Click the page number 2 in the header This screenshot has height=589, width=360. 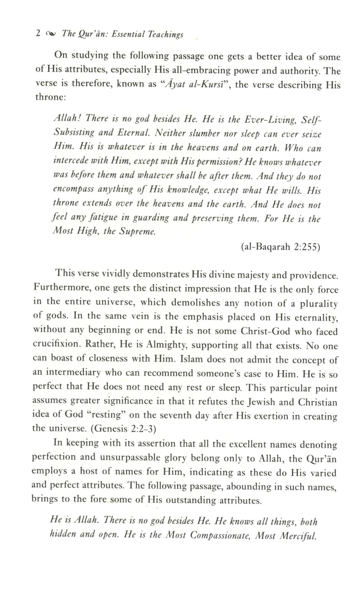coord(38,33)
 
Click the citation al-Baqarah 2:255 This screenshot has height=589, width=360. coord(280,247)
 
